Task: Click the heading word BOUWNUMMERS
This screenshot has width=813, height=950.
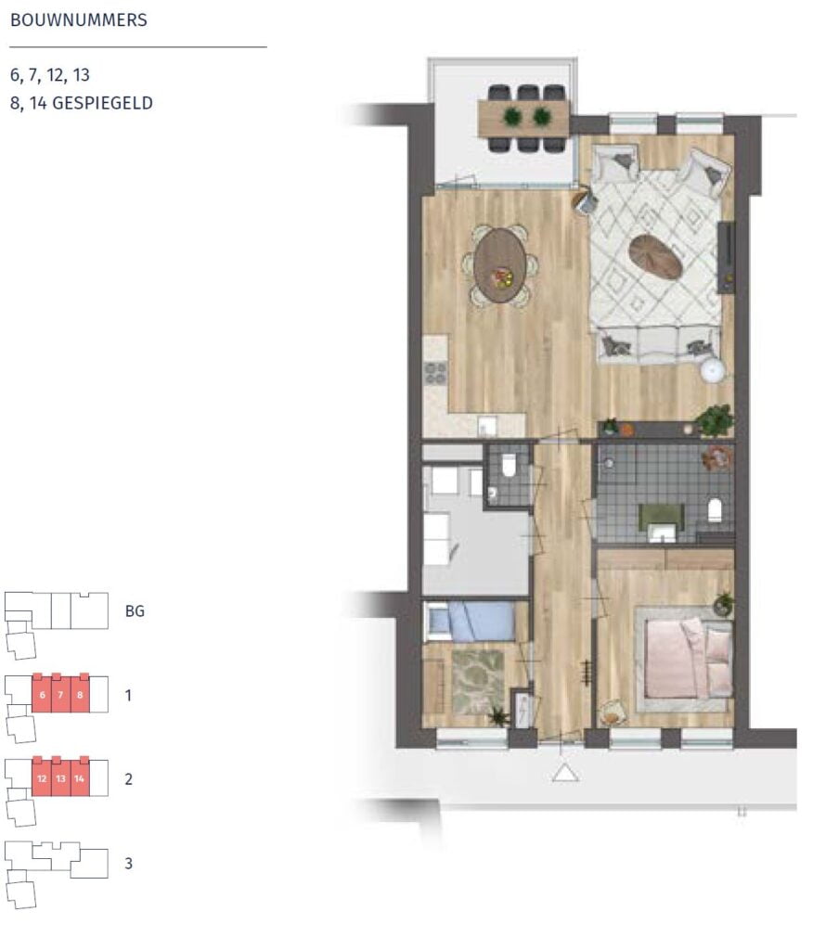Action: point(79,20)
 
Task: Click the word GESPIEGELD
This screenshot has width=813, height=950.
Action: point(102,103)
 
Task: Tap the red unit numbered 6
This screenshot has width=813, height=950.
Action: point(41,693)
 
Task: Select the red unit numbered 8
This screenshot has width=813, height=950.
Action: point(80,693)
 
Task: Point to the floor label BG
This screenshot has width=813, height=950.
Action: point(135,611)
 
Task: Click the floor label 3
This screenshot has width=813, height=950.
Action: point(128,864)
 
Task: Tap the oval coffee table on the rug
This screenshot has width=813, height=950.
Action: point(655,257)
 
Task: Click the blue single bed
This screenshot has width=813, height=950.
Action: point(471,621)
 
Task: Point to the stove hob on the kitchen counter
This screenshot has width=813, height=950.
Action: point(435,373)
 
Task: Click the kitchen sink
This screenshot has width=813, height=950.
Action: point(487,425)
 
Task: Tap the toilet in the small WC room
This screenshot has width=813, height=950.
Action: point(509,466)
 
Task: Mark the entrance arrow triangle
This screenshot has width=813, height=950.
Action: point(565,773)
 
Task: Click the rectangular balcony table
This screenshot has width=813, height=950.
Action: point(523,119)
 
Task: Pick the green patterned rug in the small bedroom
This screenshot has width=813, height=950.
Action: point(478,681)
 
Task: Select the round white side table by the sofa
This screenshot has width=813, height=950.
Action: point(713,370)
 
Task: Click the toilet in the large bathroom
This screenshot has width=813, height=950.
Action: point(716,510)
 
